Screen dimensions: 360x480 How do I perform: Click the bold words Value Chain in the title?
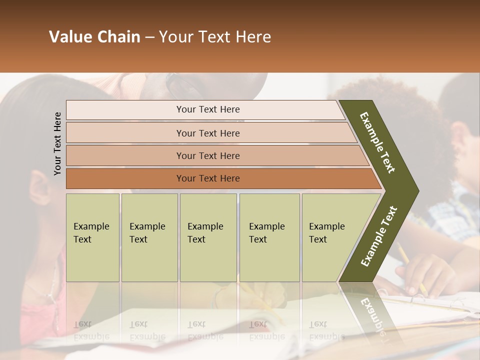(x=94, y=37)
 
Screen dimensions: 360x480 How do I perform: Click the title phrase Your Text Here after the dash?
(x=215, y=37)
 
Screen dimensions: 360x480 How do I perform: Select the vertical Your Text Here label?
(x=57, y=143)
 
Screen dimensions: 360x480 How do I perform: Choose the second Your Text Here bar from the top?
(x=208, y=133)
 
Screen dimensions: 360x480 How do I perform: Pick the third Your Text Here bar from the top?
(x=208, y=155)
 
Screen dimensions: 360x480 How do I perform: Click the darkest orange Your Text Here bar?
(x=208, y=178)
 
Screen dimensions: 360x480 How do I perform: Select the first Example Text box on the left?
(x=92, y=237)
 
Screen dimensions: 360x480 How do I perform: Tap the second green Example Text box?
(x=149, y=237)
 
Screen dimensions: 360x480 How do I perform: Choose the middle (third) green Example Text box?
(x=208, y=237)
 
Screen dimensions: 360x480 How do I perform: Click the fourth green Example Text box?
(x=269, y=237)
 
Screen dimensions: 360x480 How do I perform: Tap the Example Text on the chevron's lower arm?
(x=379, y=236)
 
